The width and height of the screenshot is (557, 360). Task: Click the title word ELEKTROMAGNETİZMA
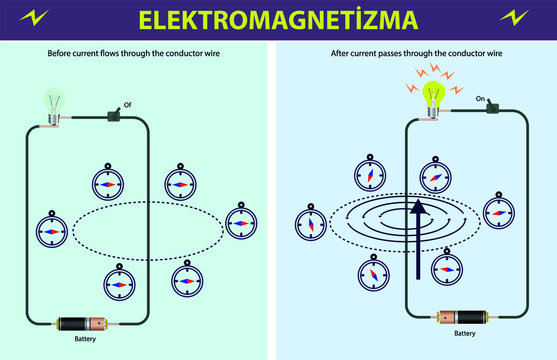279,19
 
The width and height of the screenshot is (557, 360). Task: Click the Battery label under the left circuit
87,340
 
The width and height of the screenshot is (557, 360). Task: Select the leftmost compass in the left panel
50,229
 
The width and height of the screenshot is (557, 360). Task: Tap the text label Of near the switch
126,104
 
